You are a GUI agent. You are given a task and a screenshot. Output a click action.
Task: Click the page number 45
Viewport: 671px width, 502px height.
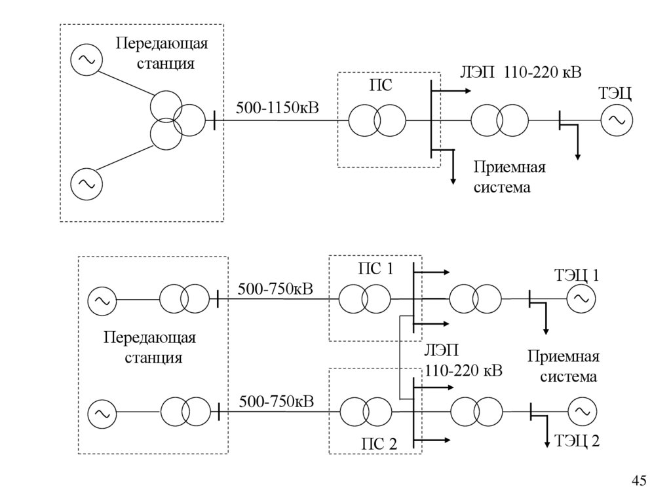click(x=639, y=481)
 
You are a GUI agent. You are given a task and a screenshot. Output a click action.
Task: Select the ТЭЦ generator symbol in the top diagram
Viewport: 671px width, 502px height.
click(x=616, y=120)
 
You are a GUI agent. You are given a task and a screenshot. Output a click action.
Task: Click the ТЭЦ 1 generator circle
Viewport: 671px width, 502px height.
click(x=581, y=300)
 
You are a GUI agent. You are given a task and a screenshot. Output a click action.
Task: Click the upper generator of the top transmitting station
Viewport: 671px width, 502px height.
click(x=86, y=60)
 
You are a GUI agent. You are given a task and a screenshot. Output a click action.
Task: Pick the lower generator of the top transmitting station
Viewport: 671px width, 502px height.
click(x=86, y=184)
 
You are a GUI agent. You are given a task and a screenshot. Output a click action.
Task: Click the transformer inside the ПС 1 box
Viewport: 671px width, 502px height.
click(x=364, y=300)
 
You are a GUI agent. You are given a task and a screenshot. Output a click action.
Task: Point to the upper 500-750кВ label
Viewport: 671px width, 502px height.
click(x=276, y=289)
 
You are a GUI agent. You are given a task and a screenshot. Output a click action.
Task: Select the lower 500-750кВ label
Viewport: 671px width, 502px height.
click(x=276, y=401)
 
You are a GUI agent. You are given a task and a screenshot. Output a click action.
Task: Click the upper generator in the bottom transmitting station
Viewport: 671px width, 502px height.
click(x=102, y=300)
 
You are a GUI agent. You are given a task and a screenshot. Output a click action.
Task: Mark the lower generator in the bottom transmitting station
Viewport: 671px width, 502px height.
click(x=102, y=413)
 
